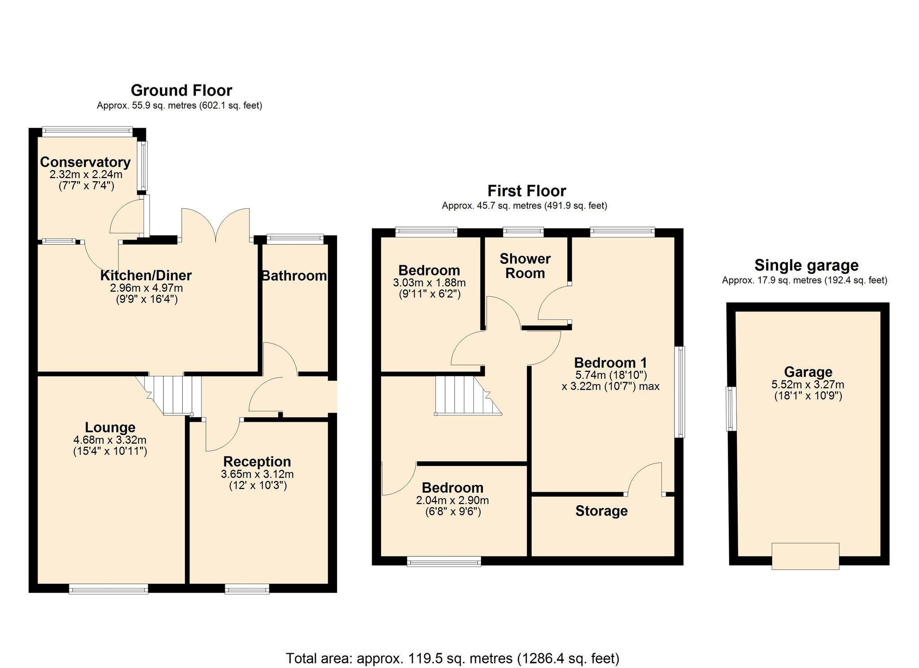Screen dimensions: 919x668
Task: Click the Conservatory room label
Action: tap(85, 162)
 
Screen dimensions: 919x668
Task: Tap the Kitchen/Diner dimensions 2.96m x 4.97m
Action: tap(146, 288)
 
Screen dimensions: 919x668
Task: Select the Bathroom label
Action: tap(294, 275)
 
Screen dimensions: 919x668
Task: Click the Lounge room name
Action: tap(110, 428)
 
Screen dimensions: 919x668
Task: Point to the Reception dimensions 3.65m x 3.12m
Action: tap(257, 474)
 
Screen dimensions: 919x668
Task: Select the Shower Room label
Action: tap(525, 266)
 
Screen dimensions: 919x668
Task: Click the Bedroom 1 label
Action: tap(611, 362)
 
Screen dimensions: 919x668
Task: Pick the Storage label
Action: tap(601, 511)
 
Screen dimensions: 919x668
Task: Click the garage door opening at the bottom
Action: tap(805, 556)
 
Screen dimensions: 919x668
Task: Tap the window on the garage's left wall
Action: tap(731, 409)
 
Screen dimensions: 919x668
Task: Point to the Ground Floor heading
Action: tap(181, 91)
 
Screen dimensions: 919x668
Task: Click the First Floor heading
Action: tap(527, 191)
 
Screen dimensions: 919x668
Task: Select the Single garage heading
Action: tap(806, 265)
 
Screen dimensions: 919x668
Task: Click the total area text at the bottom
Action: tap(452, 658)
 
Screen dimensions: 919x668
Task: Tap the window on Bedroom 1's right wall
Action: tap(680, 392)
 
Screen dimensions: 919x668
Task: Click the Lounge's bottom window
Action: tap(109, 589)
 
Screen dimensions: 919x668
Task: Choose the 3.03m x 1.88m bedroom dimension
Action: tap(429, 283)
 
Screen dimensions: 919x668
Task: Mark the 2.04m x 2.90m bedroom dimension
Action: tap(452, 500)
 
